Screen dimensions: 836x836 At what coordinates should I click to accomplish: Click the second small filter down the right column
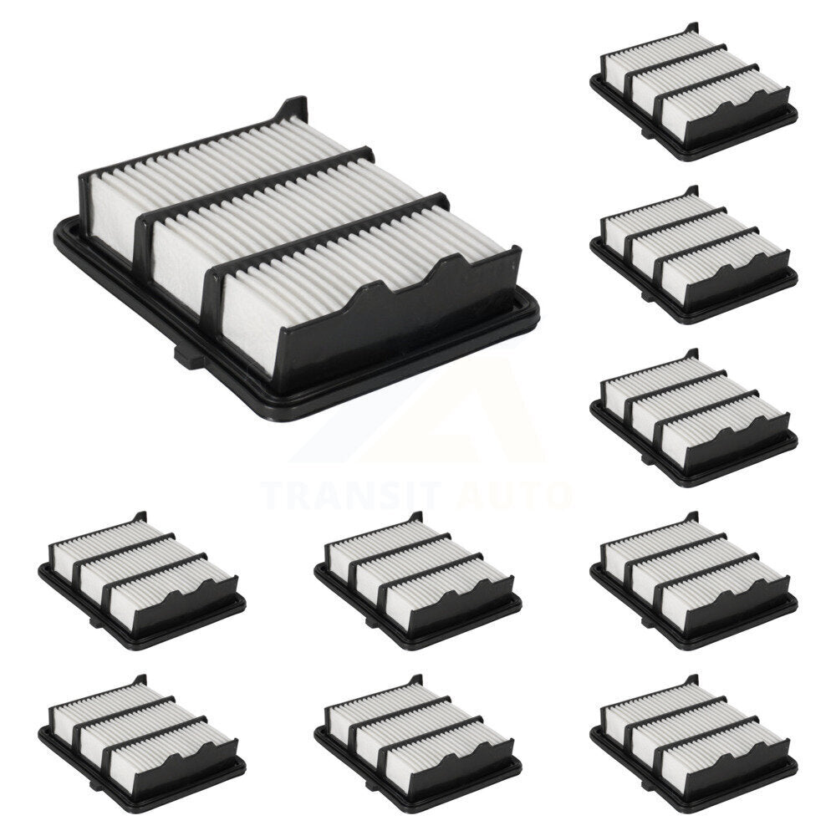pyautogui.click(x=694, y=255)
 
